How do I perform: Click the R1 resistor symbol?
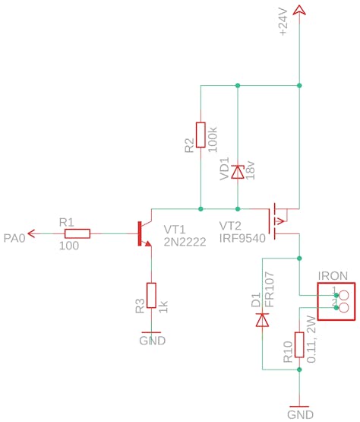77,233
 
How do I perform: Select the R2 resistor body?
201,135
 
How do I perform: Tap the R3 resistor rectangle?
151,295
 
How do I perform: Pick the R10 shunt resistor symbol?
299,344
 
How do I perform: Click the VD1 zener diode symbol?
238,172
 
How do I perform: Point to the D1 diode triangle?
262,319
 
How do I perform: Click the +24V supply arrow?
299,10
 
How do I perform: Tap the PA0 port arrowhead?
31,233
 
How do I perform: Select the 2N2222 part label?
185,242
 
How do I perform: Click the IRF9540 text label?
242,238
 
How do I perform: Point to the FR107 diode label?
270,290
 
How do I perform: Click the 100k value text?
213,139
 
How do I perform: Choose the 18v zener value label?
250,170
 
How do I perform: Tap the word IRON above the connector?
333,276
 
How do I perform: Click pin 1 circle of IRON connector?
344,296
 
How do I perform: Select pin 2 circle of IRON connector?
344,308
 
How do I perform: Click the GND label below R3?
153,341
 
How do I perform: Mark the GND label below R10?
300,414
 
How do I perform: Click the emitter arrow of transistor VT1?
147,243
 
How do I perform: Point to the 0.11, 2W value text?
311,339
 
